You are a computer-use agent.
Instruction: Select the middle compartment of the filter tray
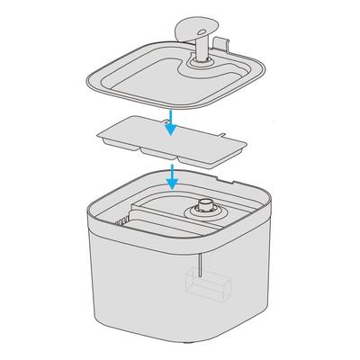(x=163, y=148)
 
